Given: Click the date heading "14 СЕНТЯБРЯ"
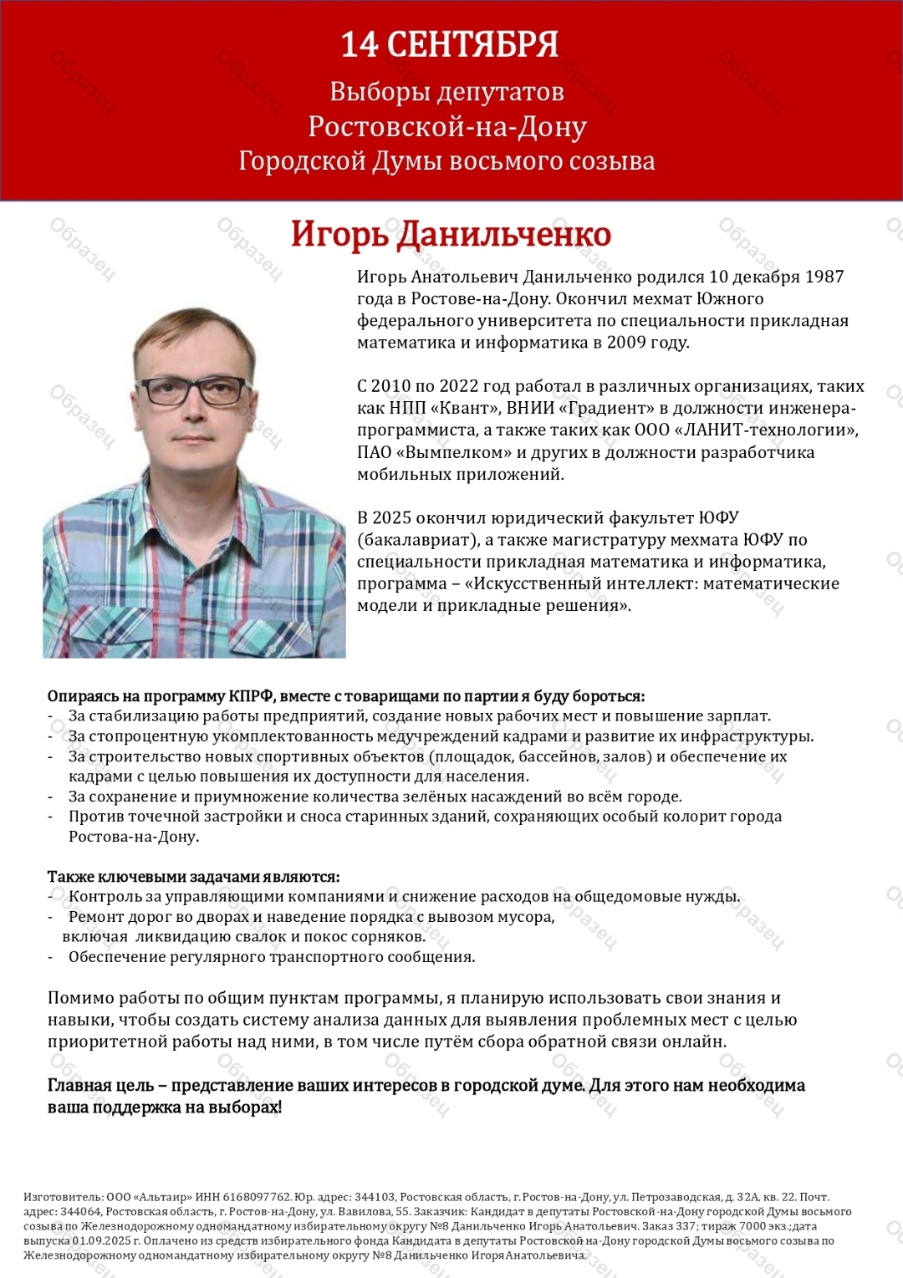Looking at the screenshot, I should [x=449, y=45].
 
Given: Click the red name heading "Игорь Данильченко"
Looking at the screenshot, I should [x=451, y=235].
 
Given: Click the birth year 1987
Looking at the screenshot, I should [x=824, y=277].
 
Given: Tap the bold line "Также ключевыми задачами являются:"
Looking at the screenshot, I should [x=193, y=877].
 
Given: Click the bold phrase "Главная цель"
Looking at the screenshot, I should [x=100, y=1086].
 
